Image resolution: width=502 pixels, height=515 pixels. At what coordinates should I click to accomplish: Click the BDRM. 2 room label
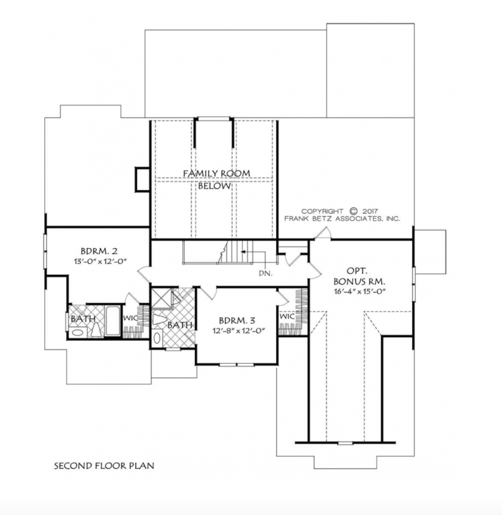(x=99, y=252)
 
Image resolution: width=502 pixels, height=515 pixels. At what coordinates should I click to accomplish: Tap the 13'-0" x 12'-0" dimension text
(x=100, y=261)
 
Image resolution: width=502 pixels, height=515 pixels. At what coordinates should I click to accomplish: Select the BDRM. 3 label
(x=237, y=320)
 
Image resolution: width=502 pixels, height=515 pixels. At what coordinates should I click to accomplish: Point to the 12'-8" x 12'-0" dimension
(x=239, y=331)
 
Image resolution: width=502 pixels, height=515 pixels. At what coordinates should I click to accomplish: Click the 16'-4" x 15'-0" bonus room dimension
(x=360, y=291)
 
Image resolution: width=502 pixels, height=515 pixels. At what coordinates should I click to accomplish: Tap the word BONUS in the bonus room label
(x=349, y=281)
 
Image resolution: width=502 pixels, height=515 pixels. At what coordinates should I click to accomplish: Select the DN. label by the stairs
(x=265, y=273)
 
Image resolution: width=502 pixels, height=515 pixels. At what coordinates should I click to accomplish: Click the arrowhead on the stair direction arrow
(x=243, y=252)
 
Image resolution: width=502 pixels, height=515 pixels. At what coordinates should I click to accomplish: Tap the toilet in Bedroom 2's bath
(x=96, y=330)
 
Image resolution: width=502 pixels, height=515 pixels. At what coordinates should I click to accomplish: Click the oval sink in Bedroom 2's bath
(x=78, y=333)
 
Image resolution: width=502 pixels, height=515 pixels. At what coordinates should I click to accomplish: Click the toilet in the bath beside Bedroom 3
(x=160, y=320)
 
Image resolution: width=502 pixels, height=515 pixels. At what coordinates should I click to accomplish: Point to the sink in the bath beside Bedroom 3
(x=158, y=338)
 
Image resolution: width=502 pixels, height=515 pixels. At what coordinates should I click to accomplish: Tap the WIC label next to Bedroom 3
(x=287, y=316)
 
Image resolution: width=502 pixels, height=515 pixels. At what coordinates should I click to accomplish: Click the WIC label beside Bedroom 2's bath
(x=130, y=318)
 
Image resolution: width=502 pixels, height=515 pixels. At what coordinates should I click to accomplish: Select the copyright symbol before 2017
(x=353, y=211)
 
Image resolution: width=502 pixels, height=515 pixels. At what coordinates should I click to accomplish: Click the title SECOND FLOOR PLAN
(x=104, y=466)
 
